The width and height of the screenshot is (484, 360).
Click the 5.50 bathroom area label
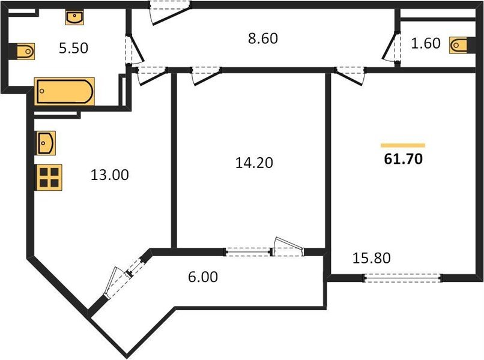[x=73, y=49]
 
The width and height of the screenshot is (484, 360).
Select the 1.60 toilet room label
[x=426, y=43]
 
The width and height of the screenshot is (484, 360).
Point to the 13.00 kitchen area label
[x=110, y=175]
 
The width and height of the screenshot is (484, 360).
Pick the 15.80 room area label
[x=371, y=259]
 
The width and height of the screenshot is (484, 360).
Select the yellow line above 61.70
[x=403, y=145]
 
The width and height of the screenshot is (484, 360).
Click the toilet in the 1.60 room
[x=459, y=44]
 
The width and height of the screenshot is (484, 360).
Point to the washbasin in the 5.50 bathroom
[x=73, y=17]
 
